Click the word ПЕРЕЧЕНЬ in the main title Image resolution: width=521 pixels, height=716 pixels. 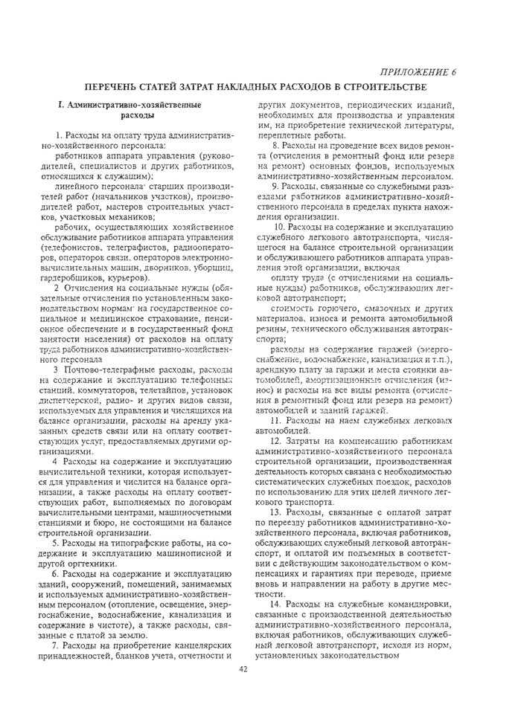(113, 88)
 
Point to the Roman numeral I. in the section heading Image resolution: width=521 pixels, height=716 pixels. (49, 106)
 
